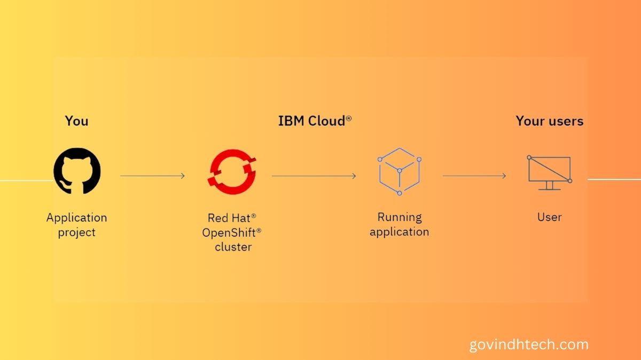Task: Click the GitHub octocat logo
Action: [77, 171]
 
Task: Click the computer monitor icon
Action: [549, 171]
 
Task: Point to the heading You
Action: [76, 121]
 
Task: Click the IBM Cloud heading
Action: [311, 121]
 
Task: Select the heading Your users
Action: [549, 121]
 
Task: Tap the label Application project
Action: [76, 225]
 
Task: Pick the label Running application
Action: [399, 224]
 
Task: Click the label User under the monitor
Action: [549, 217]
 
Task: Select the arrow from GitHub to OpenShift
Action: [153, 176]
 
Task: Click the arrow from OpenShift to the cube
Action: [314, 176]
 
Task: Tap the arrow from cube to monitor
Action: [474, 176]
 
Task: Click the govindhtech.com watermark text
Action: [528, 345]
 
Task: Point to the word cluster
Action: [233, 247]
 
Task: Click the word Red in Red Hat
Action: [216, 218]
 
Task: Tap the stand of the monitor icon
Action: [549, 185]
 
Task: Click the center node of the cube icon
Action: [399, 171]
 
